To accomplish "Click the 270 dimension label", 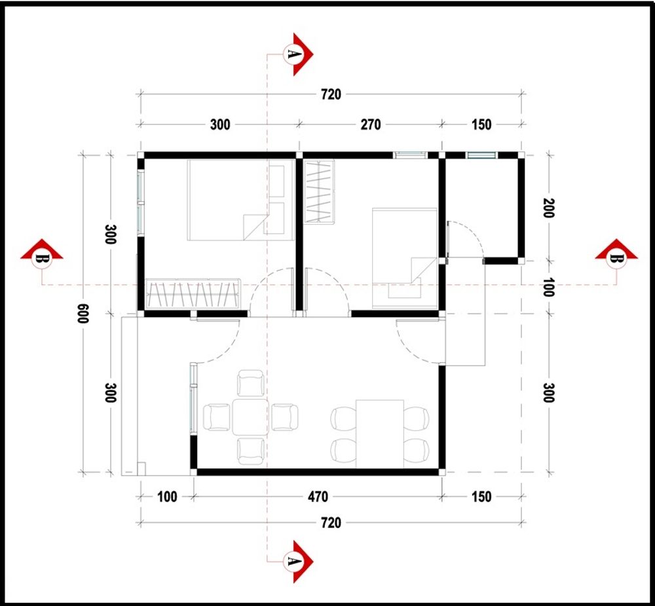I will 370,124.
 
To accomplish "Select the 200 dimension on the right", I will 548,208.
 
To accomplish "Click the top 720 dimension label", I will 331,94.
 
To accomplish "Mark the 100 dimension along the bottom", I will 168,497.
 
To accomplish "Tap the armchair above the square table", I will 250,383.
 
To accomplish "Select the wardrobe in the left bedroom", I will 193,294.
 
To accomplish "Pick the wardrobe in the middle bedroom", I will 319,191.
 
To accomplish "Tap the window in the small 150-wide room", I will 481,155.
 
